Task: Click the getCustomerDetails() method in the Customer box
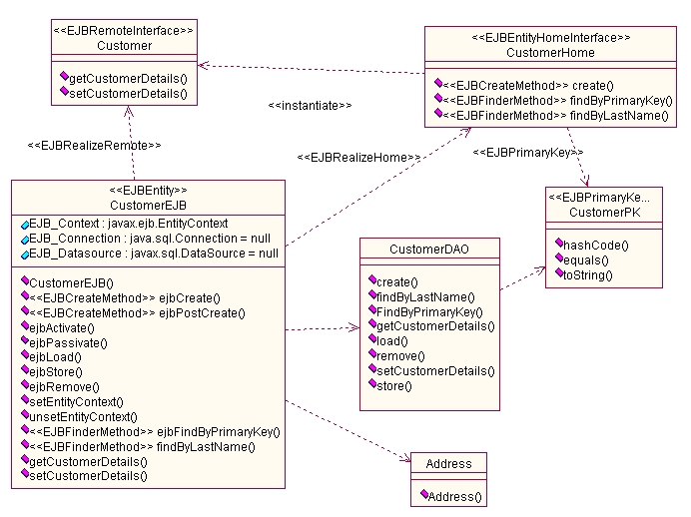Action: coord(128,77)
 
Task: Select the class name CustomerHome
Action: coord(550,52)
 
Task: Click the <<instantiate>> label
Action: coord(310,105)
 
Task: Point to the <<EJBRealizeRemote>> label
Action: coord(95,146)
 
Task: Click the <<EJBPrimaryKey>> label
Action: coord(527,153)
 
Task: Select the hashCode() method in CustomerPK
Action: coord(597,245)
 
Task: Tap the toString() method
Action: coord(588,274)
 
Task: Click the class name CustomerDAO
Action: coord(428,249)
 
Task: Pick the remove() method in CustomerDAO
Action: coord(400,355)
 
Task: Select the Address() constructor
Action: coord(454,496)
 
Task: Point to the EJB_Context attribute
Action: coord(128,223)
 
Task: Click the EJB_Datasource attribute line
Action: coord(153,254)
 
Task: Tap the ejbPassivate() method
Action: coord(62,341)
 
